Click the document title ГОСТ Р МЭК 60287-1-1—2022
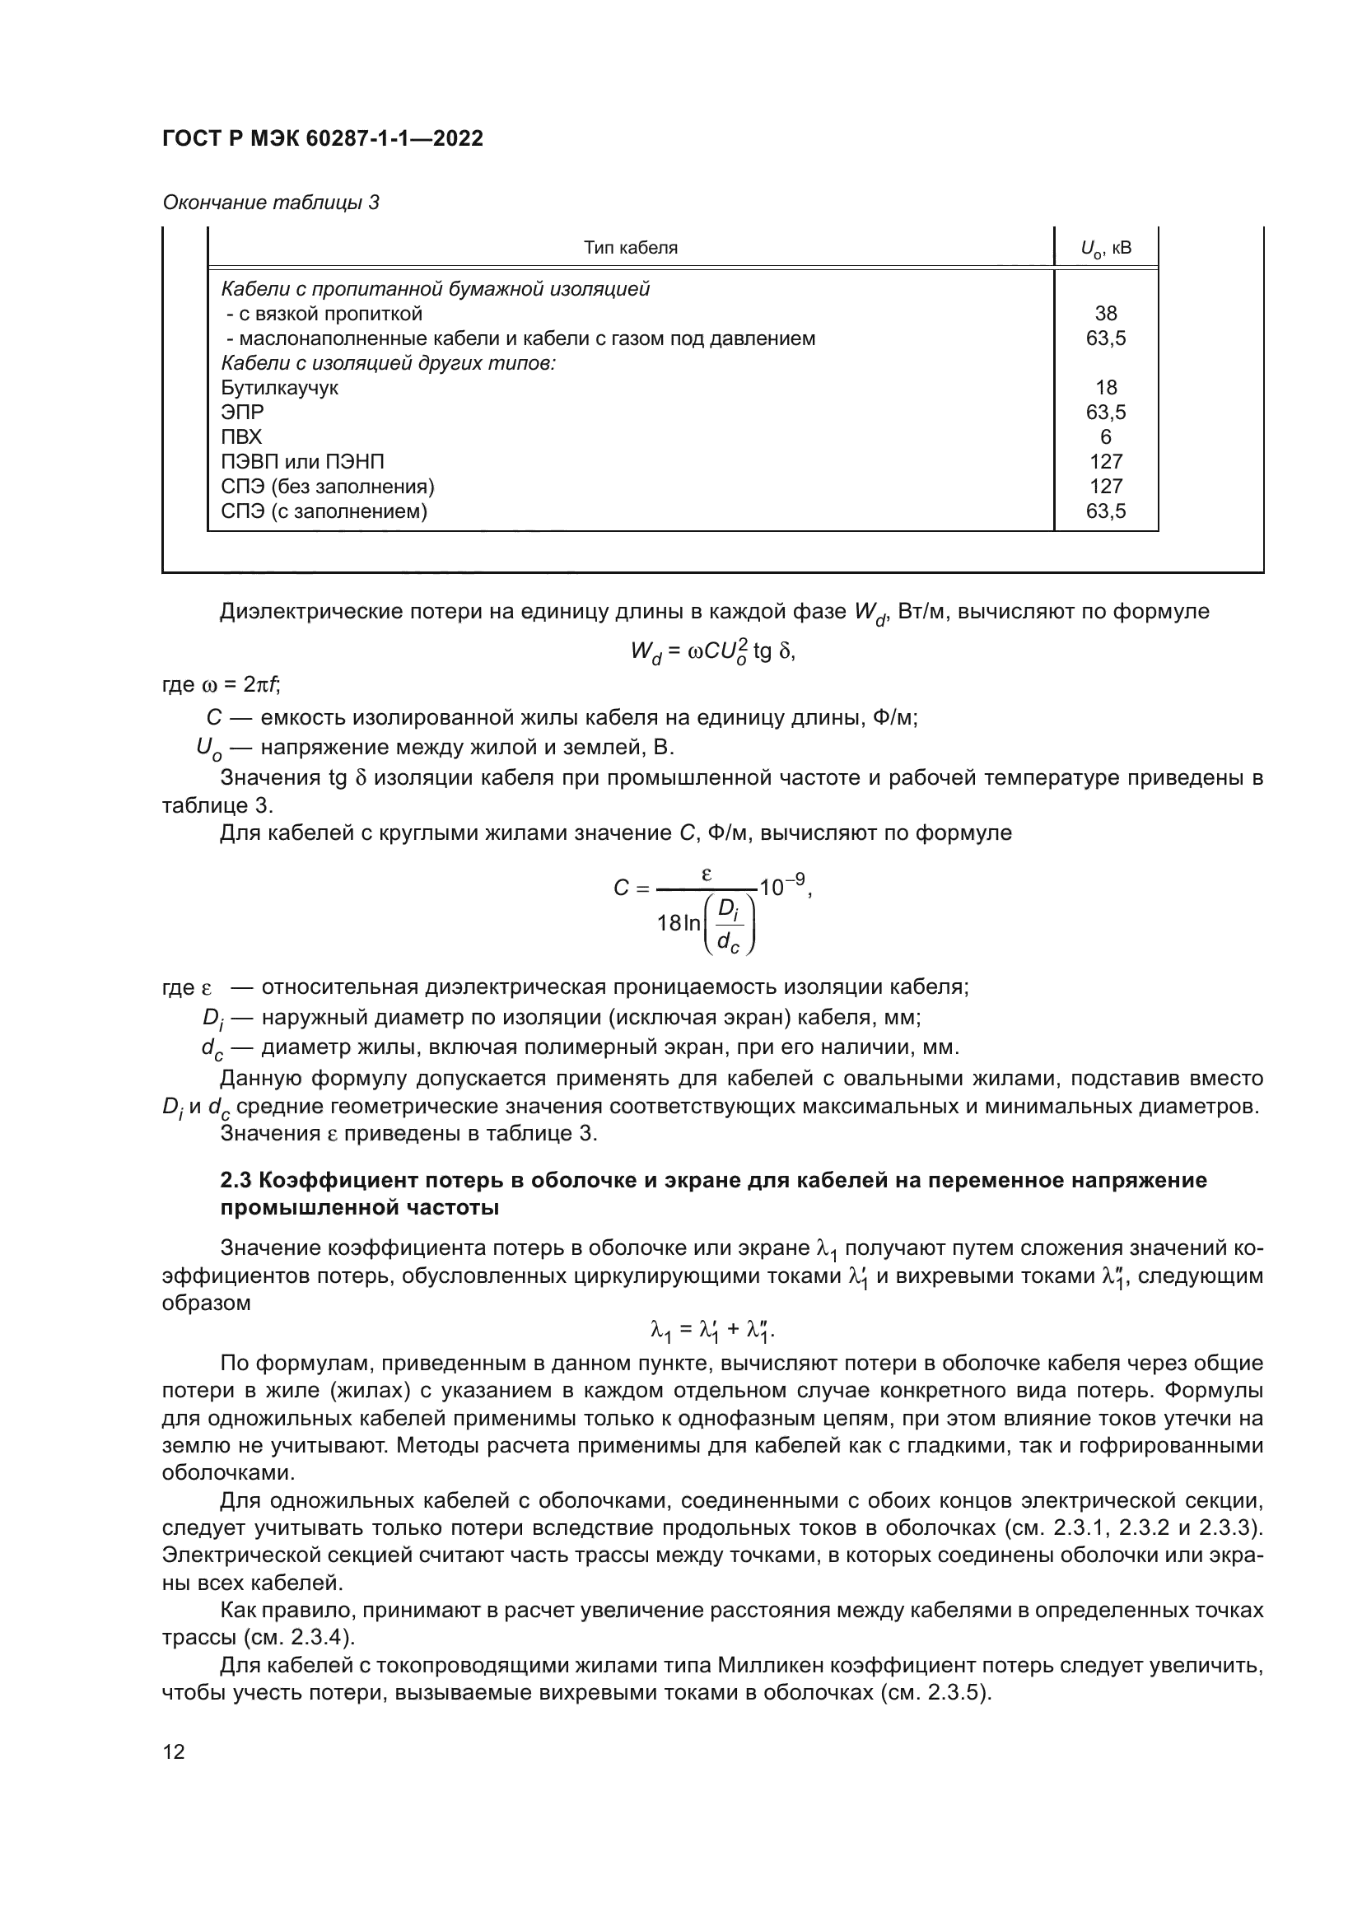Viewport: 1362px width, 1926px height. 322,138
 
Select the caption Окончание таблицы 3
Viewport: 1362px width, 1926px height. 270,203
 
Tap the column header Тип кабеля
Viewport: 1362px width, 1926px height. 630,248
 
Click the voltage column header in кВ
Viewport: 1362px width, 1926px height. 1105,249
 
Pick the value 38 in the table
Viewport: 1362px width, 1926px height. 1105,314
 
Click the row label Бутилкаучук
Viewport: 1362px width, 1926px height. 279,388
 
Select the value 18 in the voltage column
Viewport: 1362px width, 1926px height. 1105,388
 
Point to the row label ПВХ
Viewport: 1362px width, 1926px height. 241,437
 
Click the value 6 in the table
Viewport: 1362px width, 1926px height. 1105,437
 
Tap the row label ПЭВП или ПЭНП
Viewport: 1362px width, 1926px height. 303,461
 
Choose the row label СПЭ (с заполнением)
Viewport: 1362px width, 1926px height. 324,511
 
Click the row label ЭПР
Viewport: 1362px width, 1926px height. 242,412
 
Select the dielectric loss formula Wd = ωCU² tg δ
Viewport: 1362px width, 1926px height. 712,651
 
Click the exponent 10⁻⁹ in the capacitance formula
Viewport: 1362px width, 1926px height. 781,884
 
